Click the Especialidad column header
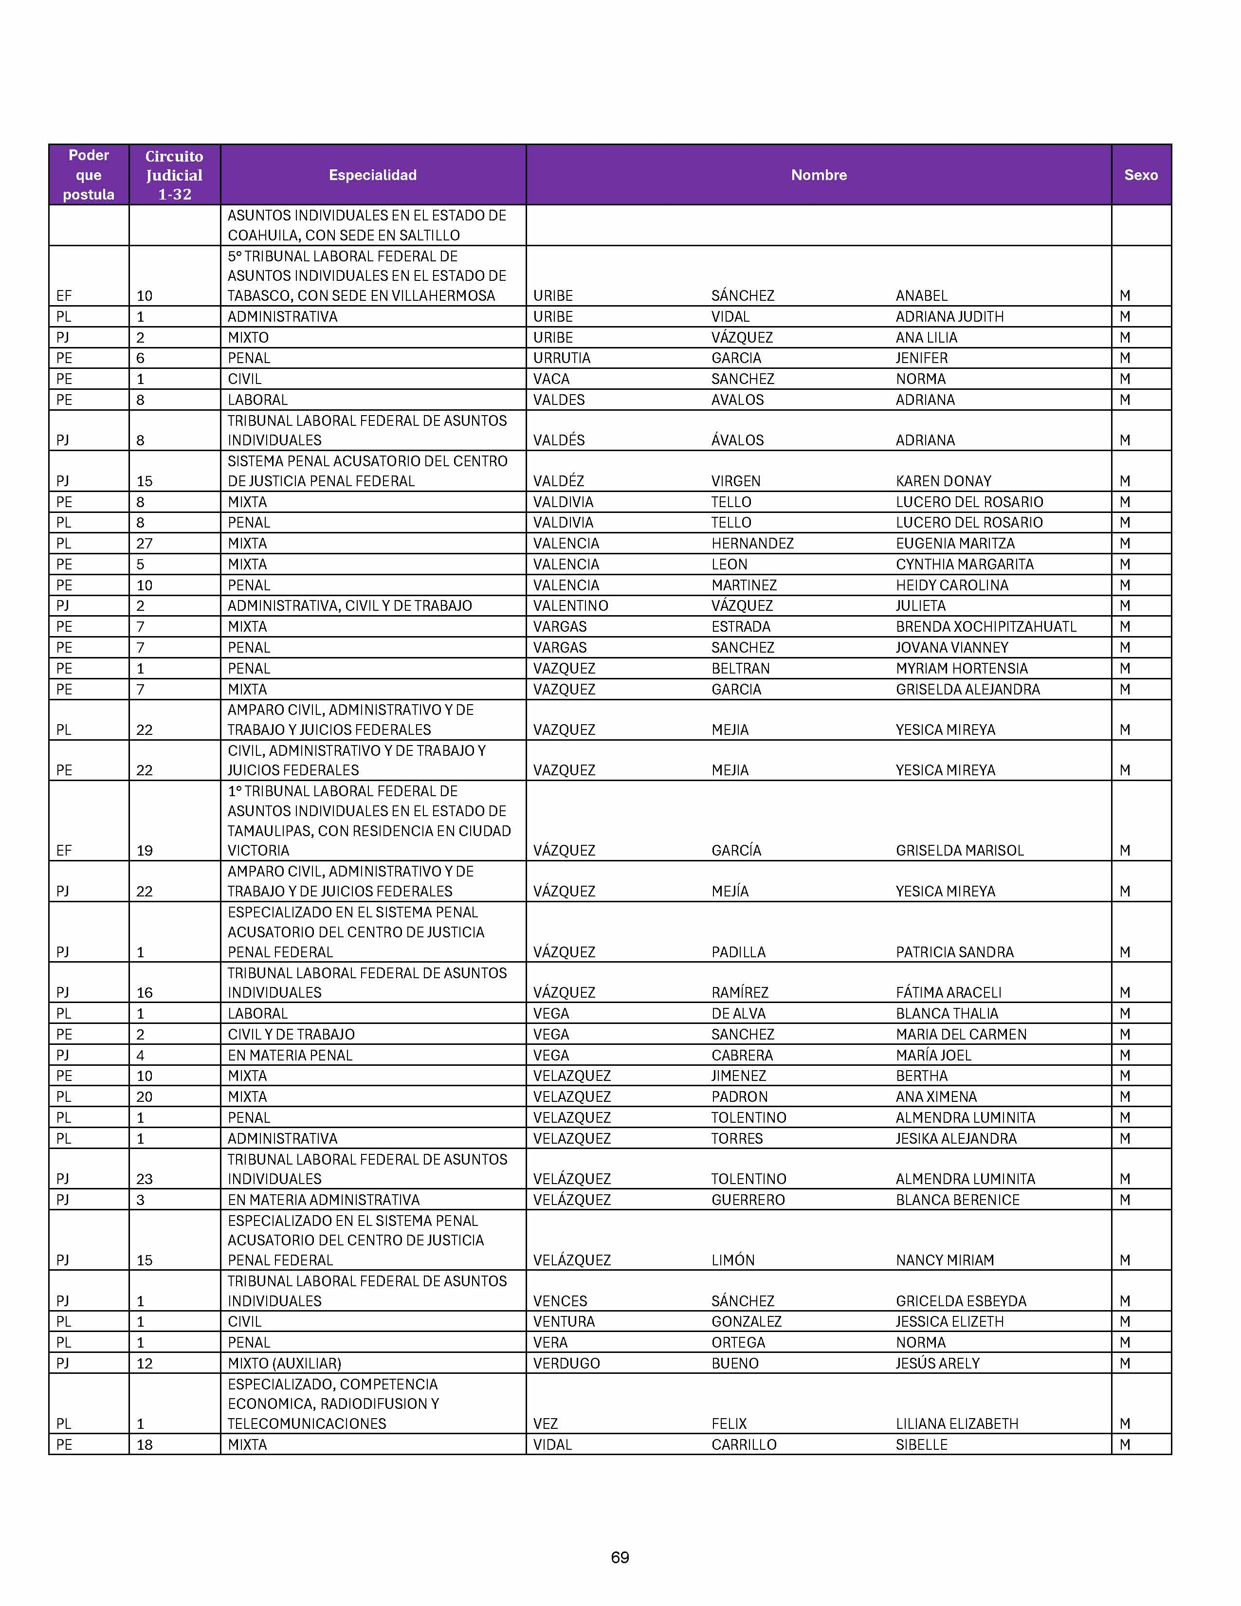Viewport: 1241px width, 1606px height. (x=373, y=175)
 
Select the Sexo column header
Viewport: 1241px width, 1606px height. (x=1140, y=175)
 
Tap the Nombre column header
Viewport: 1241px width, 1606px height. (x=818, y=175)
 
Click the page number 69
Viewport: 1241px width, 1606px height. (x=620, y=1557)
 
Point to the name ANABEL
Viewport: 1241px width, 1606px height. (x=921, y=295)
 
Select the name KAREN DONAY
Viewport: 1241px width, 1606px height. (x=943, y=481)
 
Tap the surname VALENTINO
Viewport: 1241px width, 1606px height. (x=570, y=606)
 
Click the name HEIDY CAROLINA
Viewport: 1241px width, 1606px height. (x=952, y=585)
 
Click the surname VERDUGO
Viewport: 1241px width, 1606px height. (x=566, y=1363)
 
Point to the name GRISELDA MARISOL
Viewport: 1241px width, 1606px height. (x=959, y=850)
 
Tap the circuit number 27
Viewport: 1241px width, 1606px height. (x=144, y=544)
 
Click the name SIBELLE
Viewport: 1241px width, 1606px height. (x=921, y=1444)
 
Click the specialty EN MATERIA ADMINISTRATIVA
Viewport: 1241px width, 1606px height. (x=324, y=1199)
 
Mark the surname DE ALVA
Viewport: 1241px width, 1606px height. (x=738, y=1013)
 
